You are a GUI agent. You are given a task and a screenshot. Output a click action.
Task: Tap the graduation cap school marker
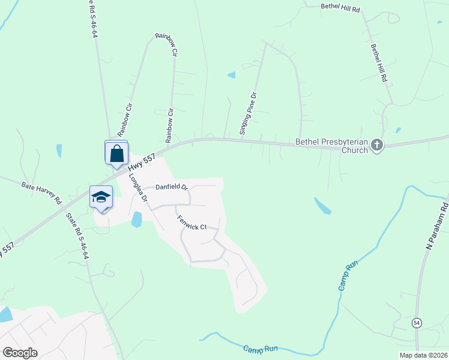point(101,197)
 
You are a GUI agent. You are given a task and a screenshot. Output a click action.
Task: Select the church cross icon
point(376,145)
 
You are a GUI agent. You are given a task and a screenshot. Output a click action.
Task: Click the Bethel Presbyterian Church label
point(331,146)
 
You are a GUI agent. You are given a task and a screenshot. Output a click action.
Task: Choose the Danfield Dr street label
point(172,187)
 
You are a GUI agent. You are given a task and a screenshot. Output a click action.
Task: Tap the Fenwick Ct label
point(191,223)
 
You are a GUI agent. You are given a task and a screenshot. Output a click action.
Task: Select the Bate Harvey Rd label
point(41,194)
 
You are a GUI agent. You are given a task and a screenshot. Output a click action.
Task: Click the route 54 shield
point(417,323)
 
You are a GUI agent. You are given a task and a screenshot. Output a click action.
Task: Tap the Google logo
point(20,352)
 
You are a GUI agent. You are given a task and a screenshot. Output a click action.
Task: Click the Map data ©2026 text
point(423,355)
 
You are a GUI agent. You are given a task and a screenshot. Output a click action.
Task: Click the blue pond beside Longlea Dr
point(137,220)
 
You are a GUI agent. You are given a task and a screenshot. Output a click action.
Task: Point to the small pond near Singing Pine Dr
point(231,75)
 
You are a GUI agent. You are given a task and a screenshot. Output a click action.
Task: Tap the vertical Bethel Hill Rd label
point(379,63)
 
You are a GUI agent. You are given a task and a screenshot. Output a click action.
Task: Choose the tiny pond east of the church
point(397,130)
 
